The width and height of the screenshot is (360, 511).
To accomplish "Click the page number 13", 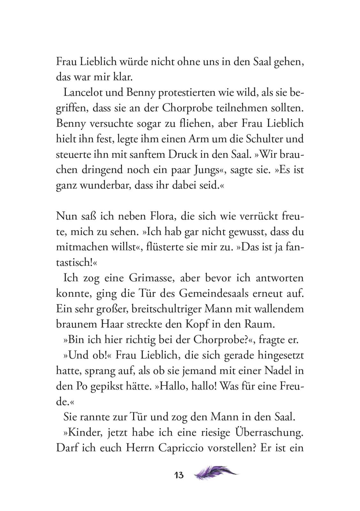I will [179, 475].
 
